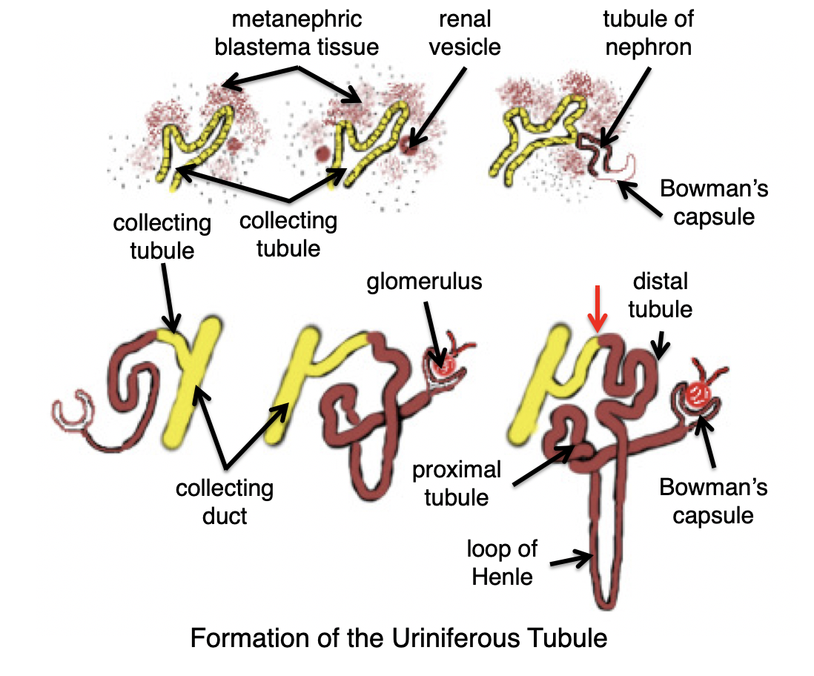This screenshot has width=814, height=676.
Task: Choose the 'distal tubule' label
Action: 659,295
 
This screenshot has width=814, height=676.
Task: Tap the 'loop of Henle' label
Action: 502,563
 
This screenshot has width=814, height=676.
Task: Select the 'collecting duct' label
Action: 225,501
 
